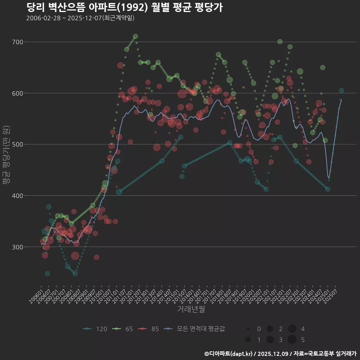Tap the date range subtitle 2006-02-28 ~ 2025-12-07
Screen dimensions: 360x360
click(x=80, y=18)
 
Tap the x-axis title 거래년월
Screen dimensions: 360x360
click(x=191, y=309)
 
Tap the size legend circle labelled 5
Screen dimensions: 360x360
click(x=292, y=340)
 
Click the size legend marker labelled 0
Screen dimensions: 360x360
click(x=248, y=329)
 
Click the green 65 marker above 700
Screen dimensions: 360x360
click(x=135, y=36)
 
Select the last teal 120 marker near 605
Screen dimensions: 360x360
click(x=341, y=91)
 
